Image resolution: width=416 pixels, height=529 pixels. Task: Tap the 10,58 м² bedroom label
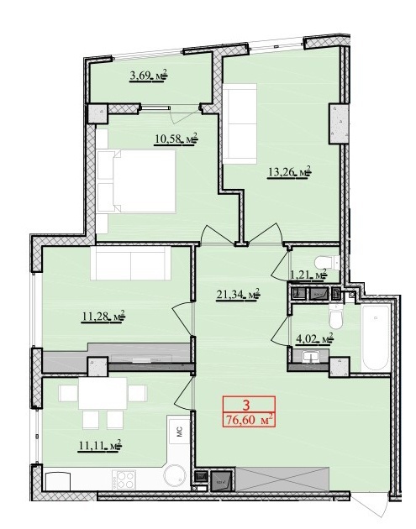[x=174, y=138]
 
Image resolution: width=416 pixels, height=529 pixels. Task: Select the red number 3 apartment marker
[x=247, y=403]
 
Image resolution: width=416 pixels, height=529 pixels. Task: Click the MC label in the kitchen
[x=179, y=432]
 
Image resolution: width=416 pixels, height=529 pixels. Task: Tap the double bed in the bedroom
[x=135, y=182]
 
